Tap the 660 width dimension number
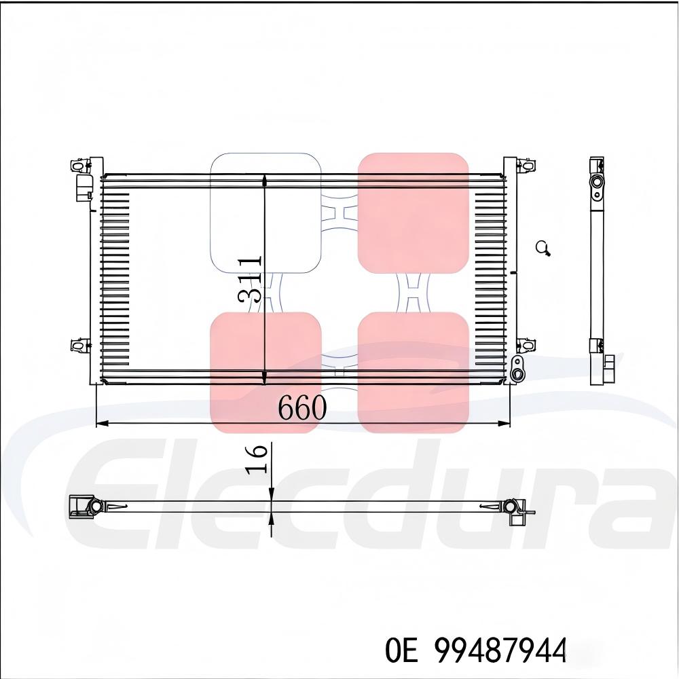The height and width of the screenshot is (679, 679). point(302,407)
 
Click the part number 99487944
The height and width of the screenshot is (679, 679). point(500,650)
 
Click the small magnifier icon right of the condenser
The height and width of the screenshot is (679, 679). point(543,249)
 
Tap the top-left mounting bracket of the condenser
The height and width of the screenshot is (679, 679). point(79,165)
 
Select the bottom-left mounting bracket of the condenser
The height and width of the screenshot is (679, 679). point(79,344)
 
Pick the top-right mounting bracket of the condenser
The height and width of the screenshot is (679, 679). point(526,165)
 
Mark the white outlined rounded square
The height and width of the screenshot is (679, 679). point(265,213)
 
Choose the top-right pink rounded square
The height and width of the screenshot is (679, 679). point(413,213)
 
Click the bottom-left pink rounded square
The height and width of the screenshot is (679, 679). point(265,372)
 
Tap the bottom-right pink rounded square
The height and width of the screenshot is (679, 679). point(413,372)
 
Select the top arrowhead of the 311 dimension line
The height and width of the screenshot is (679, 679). point(264,180)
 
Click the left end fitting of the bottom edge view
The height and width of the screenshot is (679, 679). point(86,507)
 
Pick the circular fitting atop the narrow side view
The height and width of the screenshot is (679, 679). point(596,182)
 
